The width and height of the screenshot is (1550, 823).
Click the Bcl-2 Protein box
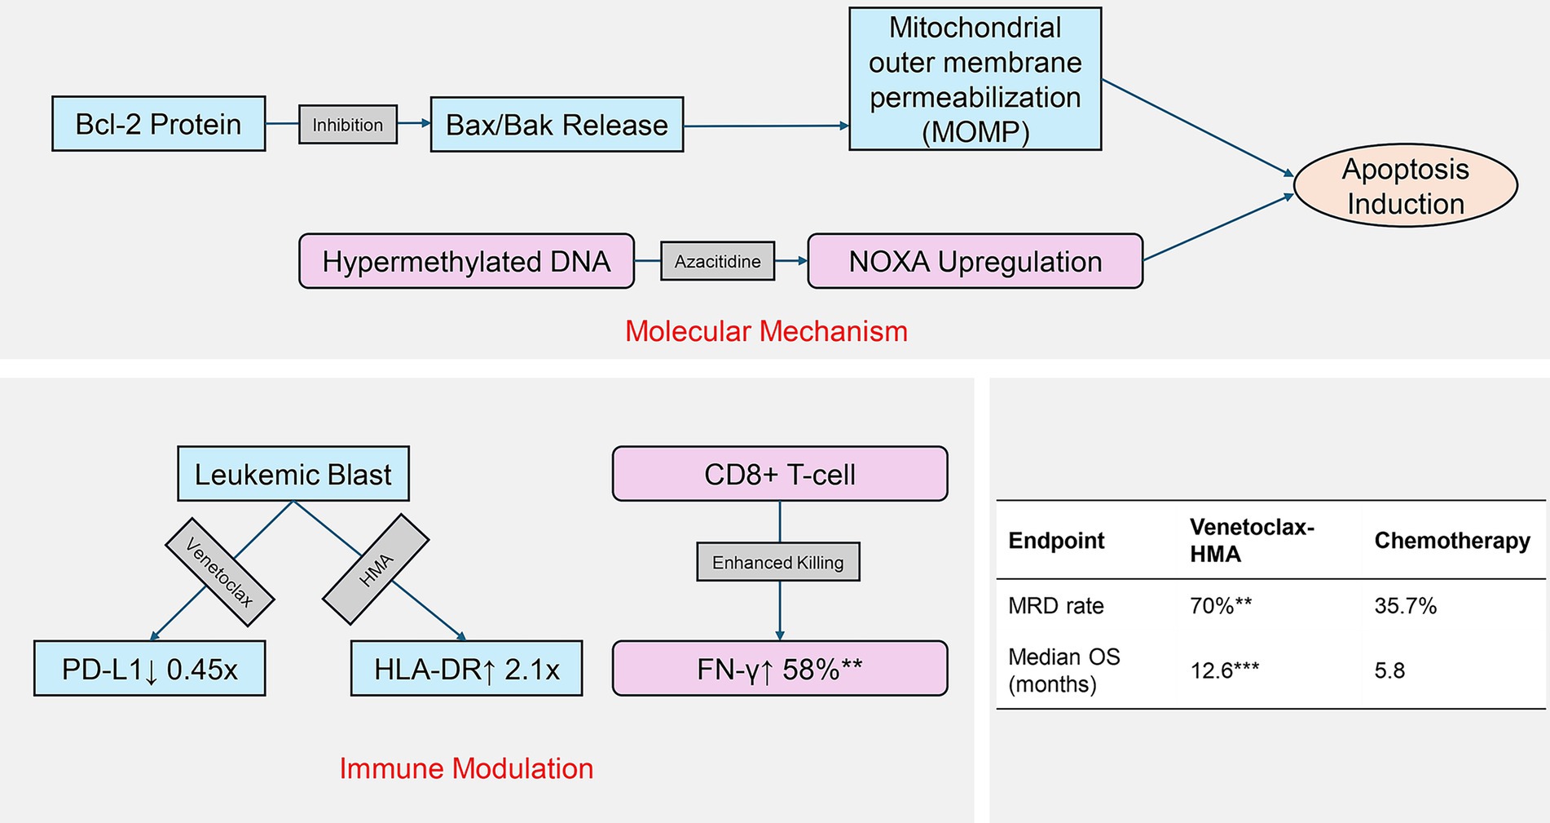click(x=158, y=124)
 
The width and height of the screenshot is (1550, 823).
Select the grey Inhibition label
click(x=348, y=125)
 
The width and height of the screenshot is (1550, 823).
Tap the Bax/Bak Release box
click(x=557, y=125)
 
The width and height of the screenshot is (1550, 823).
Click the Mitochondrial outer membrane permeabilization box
click(x=975, y=79)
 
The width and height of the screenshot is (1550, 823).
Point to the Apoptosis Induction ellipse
click(x=1405, y=186)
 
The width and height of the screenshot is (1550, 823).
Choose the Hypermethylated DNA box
click(x=466, y=261)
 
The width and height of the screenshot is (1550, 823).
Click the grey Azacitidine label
click(x=717, y=261)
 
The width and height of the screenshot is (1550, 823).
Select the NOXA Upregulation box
click(x=975, y=261)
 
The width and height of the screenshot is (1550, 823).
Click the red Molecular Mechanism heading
click(x=766, y=331)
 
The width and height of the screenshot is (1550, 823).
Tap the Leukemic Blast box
click(x=293, y=474)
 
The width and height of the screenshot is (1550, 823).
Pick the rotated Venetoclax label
click(x=219, y=572)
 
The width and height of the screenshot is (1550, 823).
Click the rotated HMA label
click(x=376, y=569)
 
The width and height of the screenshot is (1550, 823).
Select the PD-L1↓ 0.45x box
click(x=150, y=669)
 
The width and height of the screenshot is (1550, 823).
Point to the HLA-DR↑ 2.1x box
click(x=466, y=669)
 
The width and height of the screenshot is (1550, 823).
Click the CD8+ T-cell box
click(x=780, y=474)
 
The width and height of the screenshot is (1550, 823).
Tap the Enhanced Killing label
click(x=778, y=562)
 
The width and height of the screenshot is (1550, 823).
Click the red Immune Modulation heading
click(x=466, y=768)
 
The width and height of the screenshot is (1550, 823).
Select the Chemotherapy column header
click(x=1452, y=540)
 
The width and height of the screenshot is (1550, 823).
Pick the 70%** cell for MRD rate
click(x=1221, y=606)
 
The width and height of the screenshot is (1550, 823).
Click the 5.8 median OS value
click(x=1389, y=670)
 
